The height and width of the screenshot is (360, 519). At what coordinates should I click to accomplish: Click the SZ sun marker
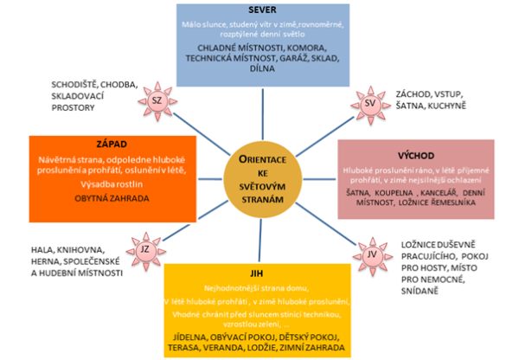(157, 101)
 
